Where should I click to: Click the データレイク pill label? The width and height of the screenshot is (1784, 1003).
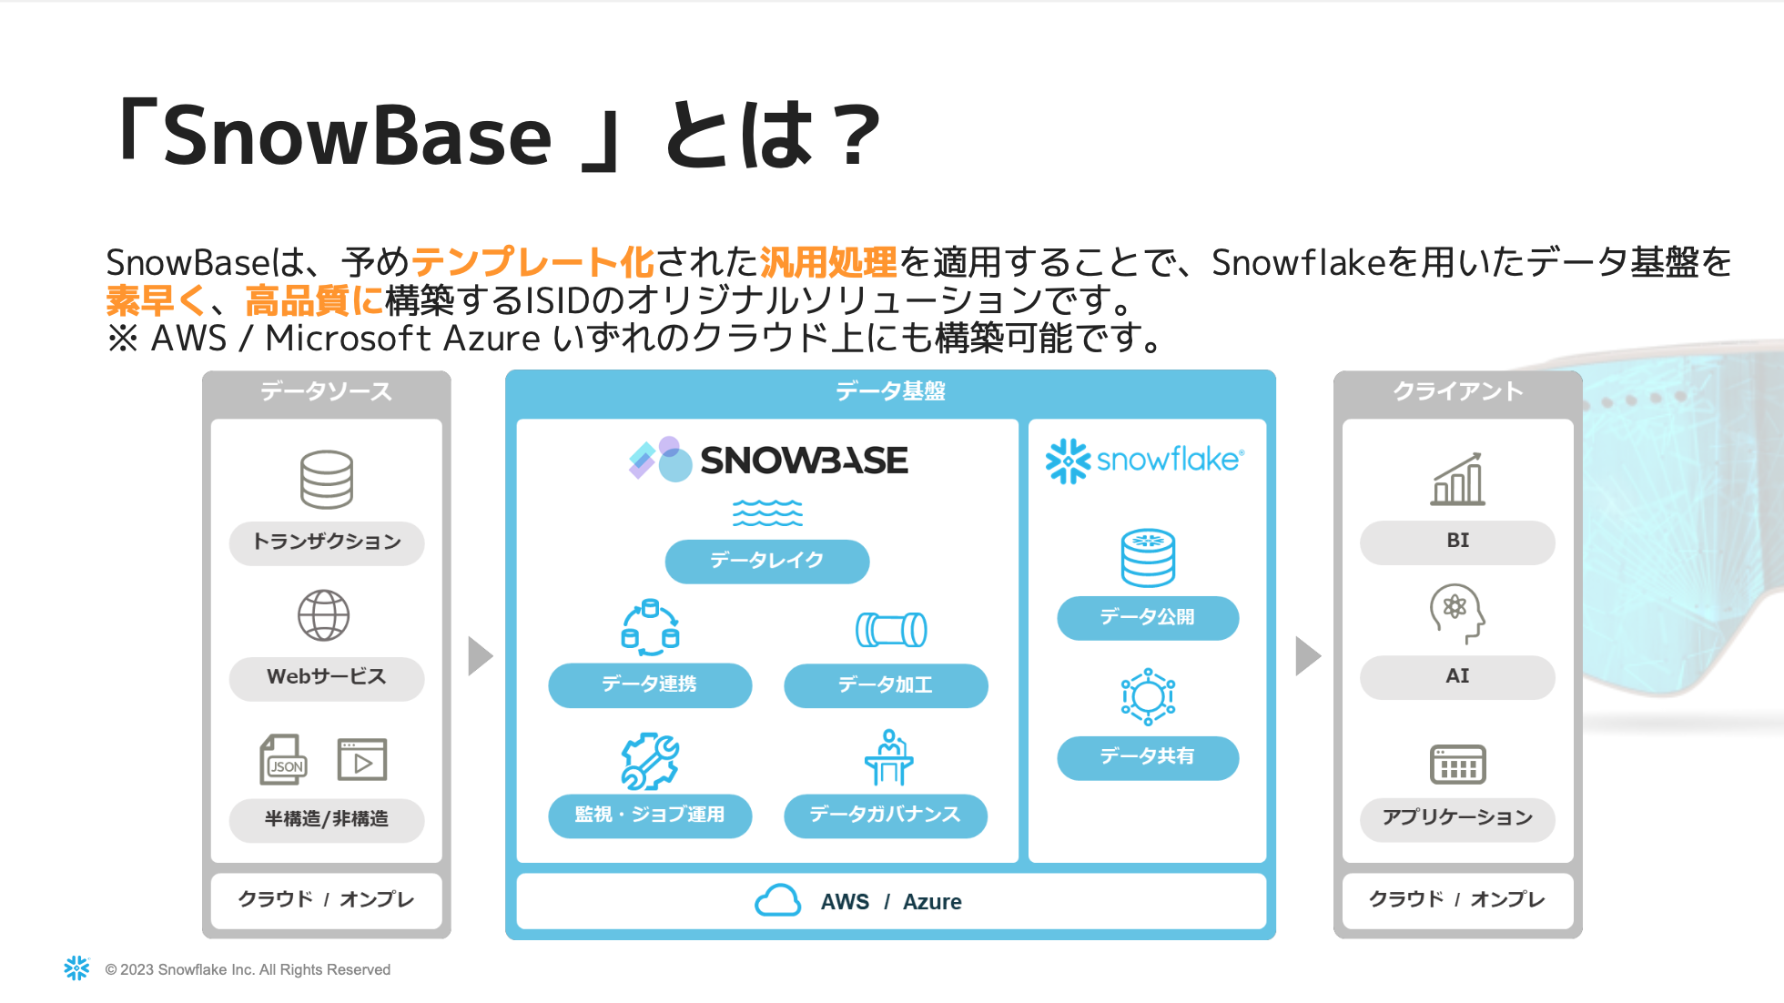point(767,561)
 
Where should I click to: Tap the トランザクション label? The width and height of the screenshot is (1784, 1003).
point(327,542)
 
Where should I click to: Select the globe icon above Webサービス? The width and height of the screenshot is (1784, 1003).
point(324,616)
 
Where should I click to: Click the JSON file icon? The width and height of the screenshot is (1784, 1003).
point(284,760)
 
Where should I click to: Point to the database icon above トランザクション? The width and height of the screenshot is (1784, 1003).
point(326,479)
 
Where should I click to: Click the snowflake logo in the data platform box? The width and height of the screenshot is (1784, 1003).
point(1144,461)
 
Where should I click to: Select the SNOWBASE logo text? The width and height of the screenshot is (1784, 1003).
point(804,461)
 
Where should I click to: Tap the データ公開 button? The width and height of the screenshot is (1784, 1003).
point(1147,618)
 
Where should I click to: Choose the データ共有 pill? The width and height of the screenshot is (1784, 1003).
point(1147,757)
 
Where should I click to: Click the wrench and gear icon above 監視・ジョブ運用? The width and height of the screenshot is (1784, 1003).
point(650,761)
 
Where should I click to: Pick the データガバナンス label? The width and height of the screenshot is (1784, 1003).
point(885,815)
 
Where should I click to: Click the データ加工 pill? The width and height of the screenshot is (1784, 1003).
point(885,685)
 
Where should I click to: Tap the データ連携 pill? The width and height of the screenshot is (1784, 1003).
point(649,684)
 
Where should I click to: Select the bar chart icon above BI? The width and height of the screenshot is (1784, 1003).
point(1457,480)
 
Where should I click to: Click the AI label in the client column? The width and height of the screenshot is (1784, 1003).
point(1457,676)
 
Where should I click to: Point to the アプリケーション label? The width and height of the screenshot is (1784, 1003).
point(1457,817)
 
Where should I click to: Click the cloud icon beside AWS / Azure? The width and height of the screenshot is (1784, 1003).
point(778,901)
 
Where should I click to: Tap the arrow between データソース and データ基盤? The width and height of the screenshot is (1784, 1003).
point(480,656)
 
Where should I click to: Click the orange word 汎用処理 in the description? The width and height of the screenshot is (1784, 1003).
point(828,262)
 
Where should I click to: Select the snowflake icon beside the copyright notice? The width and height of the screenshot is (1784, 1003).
point(77,968)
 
